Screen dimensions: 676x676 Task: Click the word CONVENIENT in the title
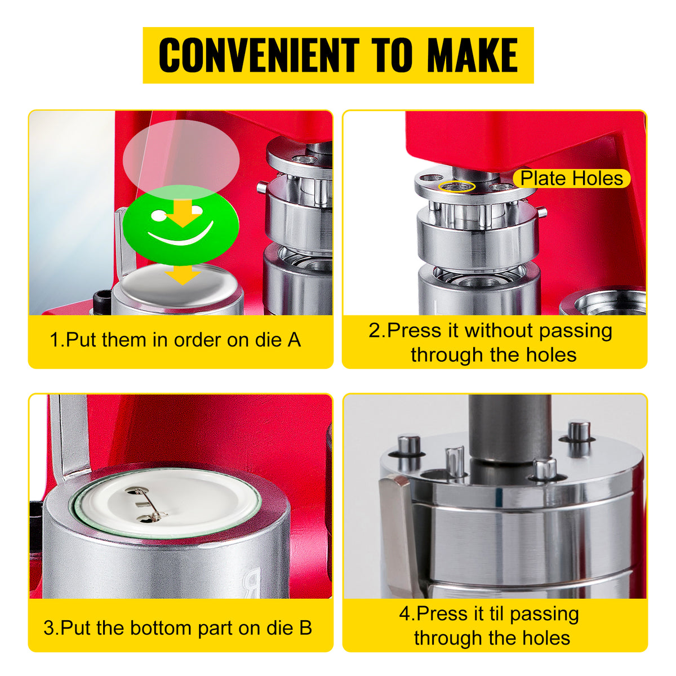tap(259, 55)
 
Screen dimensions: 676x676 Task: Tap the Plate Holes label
tap(571, 178)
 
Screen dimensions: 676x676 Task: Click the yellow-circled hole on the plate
tap(457, 186)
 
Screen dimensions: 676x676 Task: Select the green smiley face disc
tap(181, 225)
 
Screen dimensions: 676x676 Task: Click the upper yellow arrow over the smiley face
tap(183, 214)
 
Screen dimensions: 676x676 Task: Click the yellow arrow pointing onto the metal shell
tap(183, 274)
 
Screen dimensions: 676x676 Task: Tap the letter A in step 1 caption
tap(294, 340)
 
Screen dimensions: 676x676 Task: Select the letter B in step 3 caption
tap(305, 628)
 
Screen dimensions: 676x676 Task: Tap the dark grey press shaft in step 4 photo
tap(510, 429)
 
